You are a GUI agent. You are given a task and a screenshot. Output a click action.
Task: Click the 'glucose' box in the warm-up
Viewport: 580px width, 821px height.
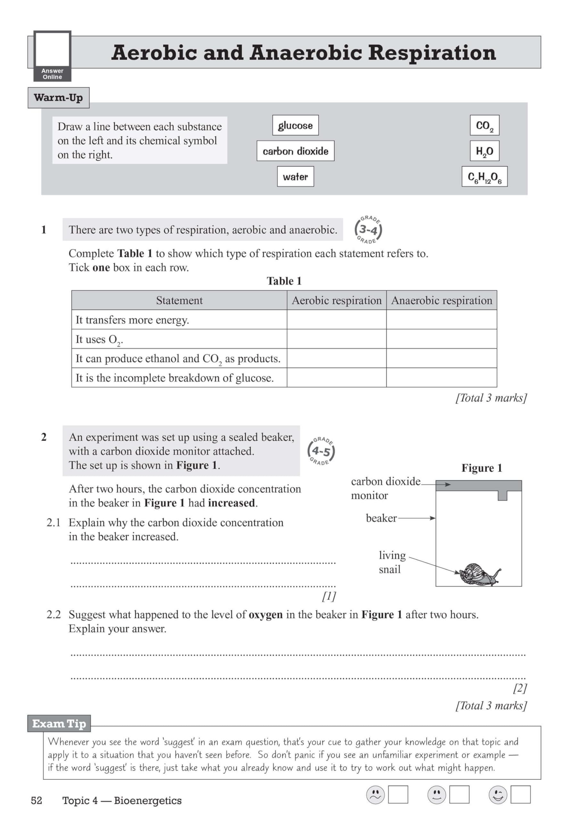click(295, 125)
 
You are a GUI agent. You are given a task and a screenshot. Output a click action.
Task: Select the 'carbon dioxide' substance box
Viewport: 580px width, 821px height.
click(295, 151)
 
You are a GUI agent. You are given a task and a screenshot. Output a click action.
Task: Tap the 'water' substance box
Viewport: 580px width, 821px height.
click(295, 176)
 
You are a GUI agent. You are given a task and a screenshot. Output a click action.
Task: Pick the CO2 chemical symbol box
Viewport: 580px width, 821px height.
click(484, 125)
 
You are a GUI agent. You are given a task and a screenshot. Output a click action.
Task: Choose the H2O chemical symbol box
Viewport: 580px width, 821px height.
click(484, 151)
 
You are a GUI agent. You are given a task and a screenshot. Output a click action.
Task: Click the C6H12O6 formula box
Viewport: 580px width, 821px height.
click(484, 176)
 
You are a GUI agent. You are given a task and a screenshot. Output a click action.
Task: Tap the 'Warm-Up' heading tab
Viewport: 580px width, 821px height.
click(58, 97)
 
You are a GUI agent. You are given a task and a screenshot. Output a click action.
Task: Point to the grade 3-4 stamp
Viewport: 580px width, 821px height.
click(368, 230)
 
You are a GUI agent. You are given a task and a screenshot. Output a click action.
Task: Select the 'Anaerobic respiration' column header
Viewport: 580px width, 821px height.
click(441, 300)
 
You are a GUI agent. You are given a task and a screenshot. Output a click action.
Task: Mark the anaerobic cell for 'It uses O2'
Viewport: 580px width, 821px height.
click(441, 339)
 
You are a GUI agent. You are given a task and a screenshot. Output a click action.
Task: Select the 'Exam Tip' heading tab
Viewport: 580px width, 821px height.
click(59, 724)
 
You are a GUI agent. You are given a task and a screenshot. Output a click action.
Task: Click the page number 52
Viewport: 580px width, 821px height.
click(37, 800)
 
